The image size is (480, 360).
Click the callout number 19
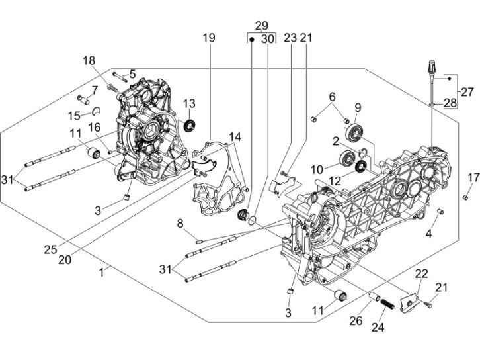[x=208, y=39]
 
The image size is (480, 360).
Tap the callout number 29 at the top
[x=262, y=26]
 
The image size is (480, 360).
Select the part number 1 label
[x=102, y=271]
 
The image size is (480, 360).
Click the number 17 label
[x=472, y=177]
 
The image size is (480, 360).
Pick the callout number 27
[x=467, y=91]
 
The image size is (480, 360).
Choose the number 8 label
[x=180, y=224]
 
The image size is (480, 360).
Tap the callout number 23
[x=290, y=39]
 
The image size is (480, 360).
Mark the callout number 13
[x=189, y=103]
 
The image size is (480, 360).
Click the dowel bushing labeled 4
[x=440, y=212]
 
